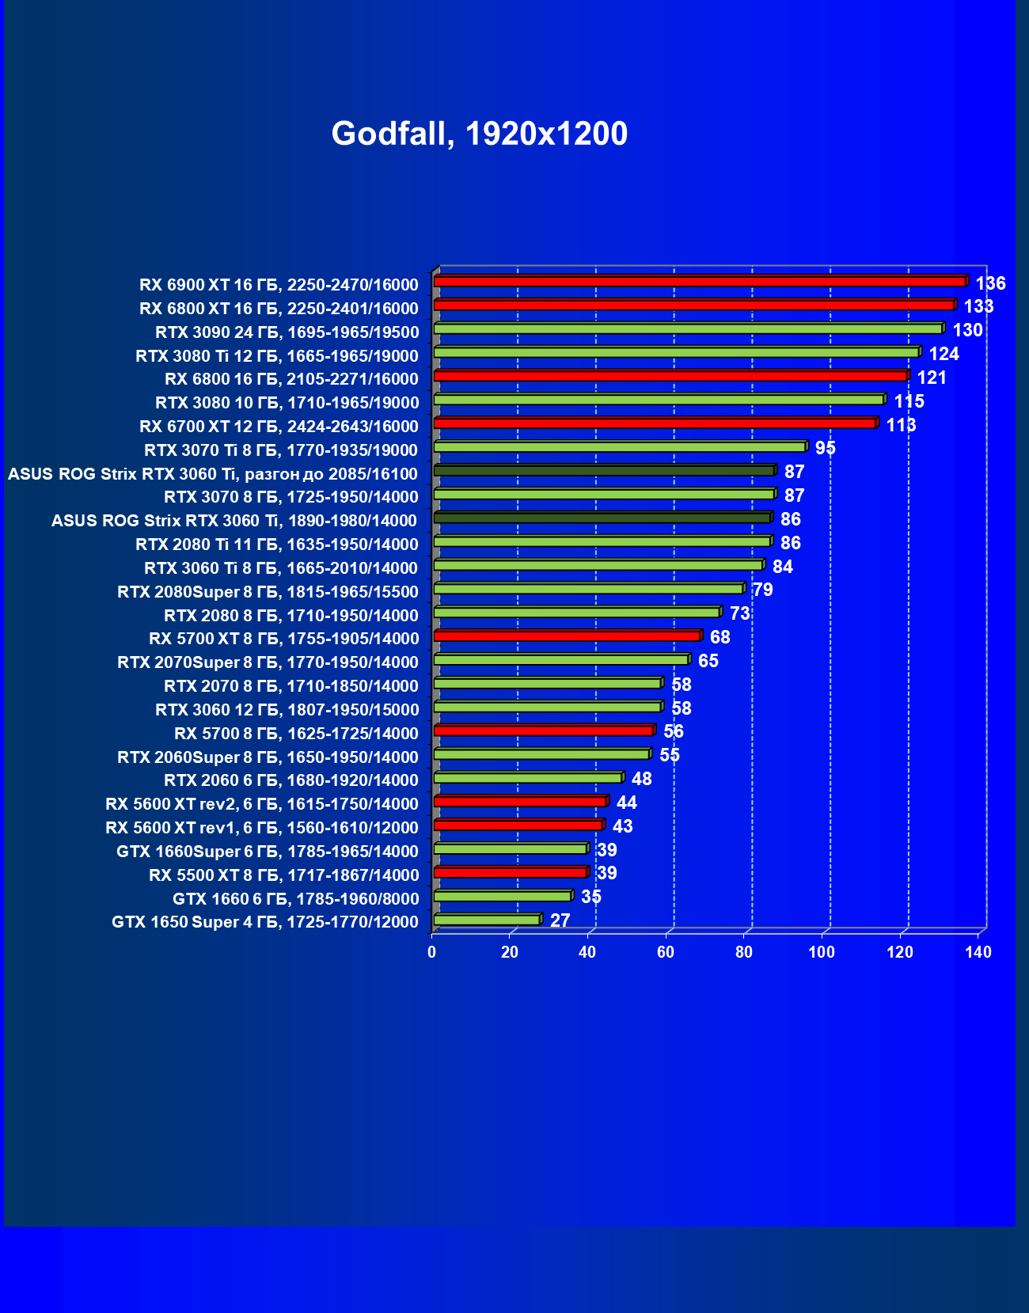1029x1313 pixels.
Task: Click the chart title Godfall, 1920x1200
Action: (479, 133)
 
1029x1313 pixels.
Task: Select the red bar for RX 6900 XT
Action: (700, 282)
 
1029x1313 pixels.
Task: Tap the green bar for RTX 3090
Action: (689, 328)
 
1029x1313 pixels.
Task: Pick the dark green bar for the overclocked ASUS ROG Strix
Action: (604, 471)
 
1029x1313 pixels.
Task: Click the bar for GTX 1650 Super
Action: (488, 920)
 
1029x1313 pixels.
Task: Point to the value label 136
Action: (990, 283)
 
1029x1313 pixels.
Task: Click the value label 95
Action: (825, 448)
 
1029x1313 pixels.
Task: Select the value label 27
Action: (560, 920)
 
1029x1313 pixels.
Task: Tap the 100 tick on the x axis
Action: (822, 952)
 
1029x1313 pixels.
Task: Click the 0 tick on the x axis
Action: (431, 952)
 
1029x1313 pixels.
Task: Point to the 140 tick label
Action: (978, 952)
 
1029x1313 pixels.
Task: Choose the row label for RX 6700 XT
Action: (279, 427)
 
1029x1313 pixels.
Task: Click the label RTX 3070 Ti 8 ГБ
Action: (281, 450)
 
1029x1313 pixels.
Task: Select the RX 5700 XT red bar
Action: (567, 636)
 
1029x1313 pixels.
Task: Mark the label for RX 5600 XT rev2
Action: (261, 804)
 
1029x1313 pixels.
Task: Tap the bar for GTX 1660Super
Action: (511, 848)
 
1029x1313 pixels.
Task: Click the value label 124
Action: (944, 354)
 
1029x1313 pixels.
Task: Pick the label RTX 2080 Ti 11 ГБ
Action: (276, 545)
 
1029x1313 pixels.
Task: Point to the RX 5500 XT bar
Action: (511, 872)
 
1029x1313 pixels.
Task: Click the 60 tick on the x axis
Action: (666, 952)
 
